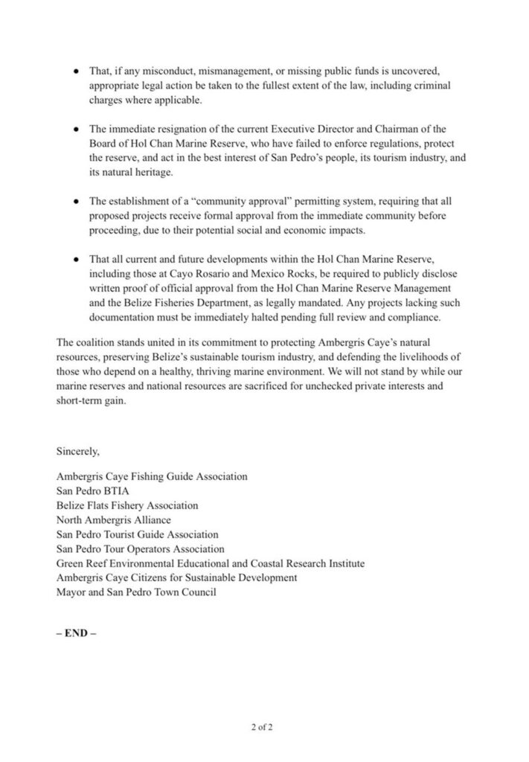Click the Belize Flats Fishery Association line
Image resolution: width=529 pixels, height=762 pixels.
tap(127, 505)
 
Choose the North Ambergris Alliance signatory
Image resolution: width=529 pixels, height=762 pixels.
tap(114, 519)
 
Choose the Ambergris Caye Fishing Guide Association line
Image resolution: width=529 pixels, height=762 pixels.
tap(152, 476)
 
